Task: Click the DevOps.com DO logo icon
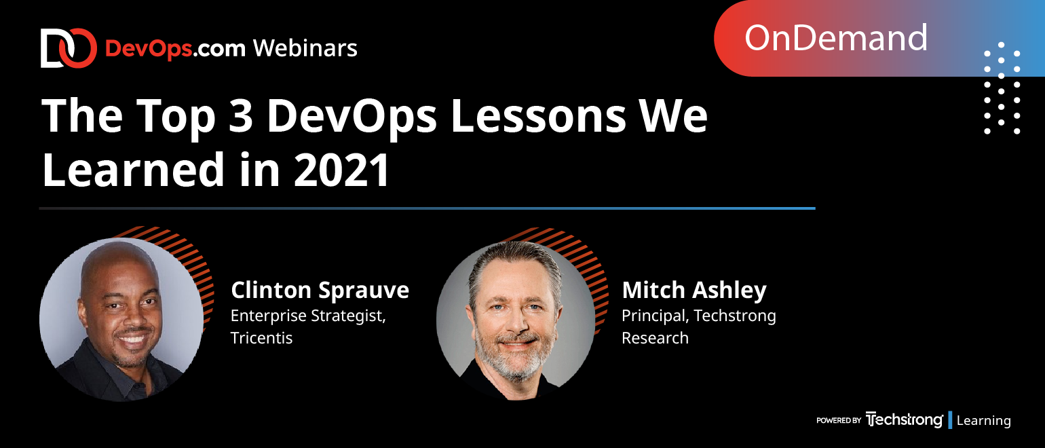click(x=69, y=48)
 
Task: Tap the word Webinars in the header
click(x=305, y=48)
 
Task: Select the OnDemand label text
click(x=835, y=38)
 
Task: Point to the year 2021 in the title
click(x=341, y=170)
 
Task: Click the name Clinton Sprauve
click(x=320, y=290)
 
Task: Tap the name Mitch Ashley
click(x=694, y=290)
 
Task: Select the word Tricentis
click(x=261, y=337)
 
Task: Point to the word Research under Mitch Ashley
click(x=655, y=337)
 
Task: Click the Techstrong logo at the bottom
click(x=904, y=419)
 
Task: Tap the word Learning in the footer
click(x=983, y=420)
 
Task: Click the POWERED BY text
click(x=839, y=420)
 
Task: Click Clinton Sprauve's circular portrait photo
click(x=121, y=320)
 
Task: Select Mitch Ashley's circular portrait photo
click(x=516, y=320)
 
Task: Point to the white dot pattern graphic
click(x=1002, y=88)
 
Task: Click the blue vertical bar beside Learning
click(x=950, y=420)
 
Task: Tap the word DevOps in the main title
click(x=351, y=117)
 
